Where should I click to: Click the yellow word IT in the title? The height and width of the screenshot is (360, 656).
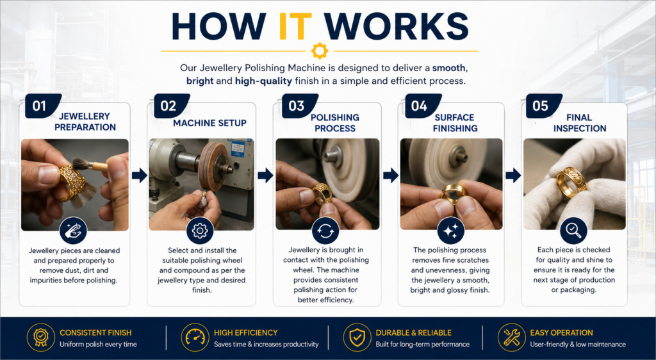[295, 26]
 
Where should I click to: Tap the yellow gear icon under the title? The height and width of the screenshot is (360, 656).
[320, 51]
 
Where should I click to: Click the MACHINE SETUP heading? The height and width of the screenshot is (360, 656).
[209, 123]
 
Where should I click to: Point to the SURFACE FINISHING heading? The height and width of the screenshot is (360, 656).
[455, 123]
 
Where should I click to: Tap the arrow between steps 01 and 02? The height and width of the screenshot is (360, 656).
[139, 176]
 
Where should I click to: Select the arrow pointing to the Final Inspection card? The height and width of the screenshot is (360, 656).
[513, 176]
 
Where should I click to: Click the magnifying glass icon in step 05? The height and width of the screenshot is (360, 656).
[573, 231]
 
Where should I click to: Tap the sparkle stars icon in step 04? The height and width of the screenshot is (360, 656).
[450, 231]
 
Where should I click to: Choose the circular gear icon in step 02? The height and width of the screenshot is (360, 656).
[200, 231]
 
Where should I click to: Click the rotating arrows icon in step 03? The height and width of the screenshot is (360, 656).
[325, 231]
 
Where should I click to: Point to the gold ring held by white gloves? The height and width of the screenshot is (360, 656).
[571, 183]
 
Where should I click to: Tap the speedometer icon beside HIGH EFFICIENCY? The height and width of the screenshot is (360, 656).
[195, 337]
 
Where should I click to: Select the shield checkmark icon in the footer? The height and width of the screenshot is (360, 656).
[357, 337]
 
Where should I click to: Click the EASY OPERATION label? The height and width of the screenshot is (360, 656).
[561, 333]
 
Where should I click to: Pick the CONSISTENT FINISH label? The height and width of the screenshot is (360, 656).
[95, 333]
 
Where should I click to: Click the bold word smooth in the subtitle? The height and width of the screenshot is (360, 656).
[449, 68]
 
